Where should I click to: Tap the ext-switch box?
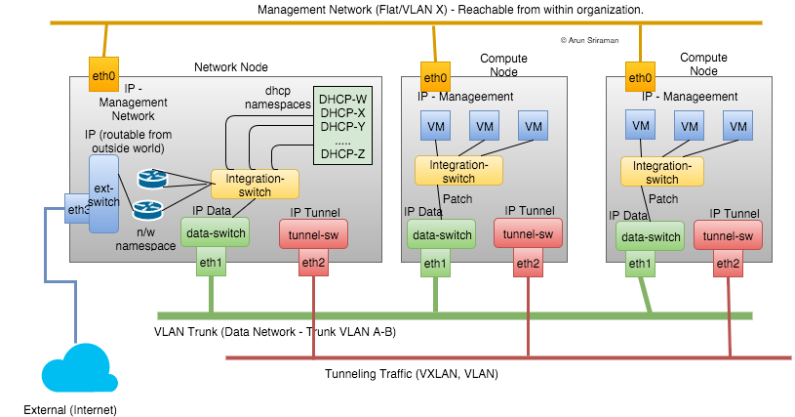(x=103, y=194)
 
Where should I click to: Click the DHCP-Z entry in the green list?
(x=342, y=153)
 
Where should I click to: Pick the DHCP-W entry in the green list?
(x=342, y=99)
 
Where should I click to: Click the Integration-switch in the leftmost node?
(x=255, y=185)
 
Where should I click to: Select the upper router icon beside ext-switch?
(x=152, y=178)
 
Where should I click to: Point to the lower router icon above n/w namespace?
(x=148, y=208)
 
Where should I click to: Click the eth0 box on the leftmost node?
(x=103, y=76)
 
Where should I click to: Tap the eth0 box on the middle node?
(x=435, y=78)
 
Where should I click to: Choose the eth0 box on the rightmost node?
(x=640, y=78)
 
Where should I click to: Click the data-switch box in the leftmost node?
(x=215, y=232)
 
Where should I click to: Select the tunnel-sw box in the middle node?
(x=527, y=234)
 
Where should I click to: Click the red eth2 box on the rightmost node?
(x=728, y=264)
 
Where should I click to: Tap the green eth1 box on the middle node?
(x=435, y=264)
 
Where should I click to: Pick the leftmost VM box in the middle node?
(x=435, y=126)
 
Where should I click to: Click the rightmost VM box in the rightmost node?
(x=737, y=126)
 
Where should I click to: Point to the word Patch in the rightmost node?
(x=663, y=199)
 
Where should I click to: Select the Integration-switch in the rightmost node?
(x=662, y=173)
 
